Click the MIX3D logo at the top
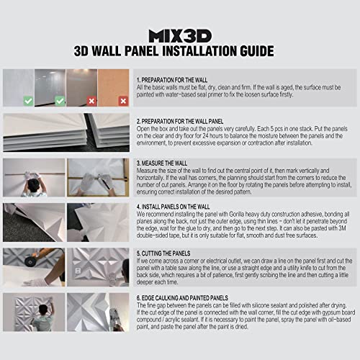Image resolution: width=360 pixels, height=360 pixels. coord(179,35)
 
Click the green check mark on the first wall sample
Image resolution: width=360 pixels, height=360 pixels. coord(27,102)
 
